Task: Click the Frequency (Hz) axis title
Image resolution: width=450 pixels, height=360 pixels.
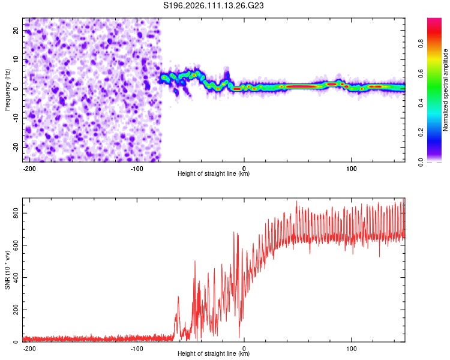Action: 8,89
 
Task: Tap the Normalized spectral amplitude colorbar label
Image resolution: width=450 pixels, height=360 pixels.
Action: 445,90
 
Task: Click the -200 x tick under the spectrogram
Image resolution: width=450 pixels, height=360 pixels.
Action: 30,169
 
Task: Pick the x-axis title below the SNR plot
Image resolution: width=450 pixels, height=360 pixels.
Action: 214,354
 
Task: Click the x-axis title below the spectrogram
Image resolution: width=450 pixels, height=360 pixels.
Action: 214,174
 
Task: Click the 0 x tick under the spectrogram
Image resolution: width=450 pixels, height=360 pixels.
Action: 244,169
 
